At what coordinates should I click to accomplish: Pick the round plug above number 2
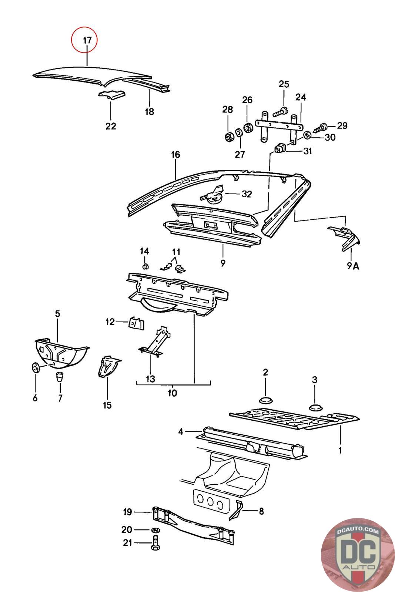click(x=265, y=400)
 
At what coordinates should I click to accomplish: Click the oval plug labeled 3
click(x=315, y=407)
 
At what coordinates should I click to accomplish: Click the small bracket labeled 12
click(x=136, y=323)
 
